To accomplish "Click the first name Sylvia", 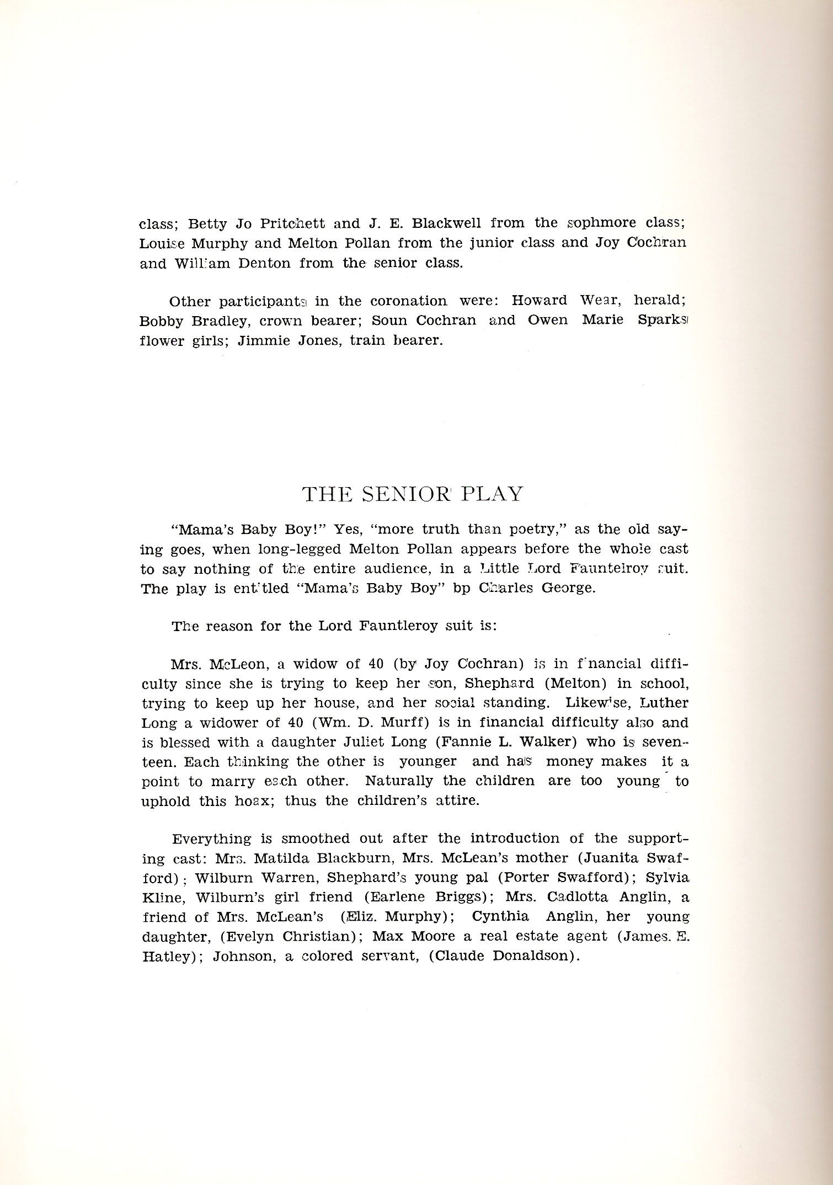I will pos(670,878).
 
